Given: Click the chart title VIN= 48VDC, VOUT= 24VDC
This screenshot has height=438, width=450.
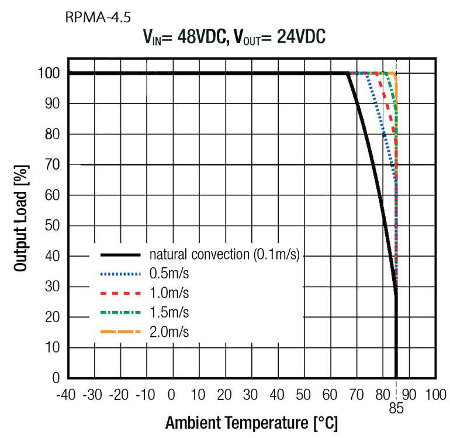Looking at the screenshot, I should [234, 38].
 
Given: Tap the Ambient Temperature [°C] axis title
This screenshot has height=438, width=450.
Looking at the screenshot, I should [251, 423].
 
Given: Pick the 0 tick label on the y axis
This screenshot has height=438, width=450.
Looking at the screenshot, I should [57, 378].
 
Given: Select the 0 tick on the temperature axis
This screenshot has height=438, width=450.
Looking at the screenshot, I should [172, 394].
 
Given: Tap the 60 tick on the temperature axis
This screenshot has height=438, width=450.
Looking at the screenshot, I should [329, 394].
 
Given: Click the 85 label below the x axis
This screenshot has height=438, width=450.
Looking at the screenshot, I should [397, 408].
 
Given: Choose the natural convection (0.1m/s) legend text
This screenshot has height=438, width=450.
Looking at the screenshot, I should [224, 255].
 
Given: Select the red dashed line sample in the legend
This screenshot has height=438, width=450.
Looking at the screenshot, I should [121, 293].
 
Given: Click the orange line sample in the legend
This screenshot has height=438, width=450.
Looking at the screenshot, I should [121, 332].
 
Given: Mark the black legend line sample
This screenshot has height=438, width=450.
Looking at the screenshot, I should [121, 255].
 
